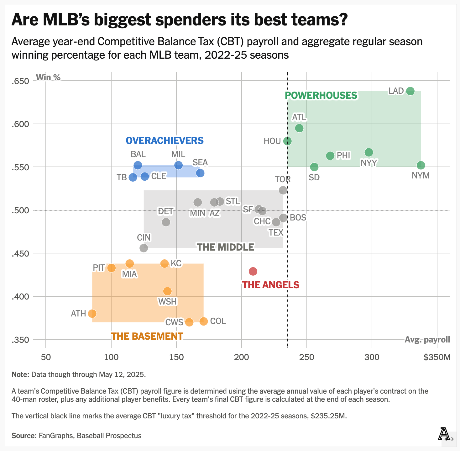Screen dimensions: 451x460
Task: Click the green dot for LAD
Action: [x=410, y=91]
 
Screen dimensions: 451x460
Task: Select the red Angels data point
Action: [x=253, y=271]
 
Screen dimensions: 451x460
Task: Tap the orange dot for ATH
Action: [x=92, y=313]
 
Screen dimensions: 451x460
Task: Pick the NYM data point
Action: [x=421, y=165]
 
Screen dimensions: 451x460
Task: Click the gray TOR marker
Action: [x=283, y=190]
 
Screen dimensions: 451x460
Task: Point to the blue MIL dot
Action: [x=178, y=165]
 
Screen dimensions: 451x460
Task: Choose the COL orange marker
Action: [x=204, y=321]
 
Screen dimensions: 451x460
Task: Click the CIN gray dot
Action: [x=144, y=248]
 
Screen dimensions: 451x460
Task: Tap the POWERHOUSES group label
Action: [x=321, y=96]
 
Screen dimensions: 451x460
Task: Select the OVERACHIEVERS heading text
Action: [x=165, y=141]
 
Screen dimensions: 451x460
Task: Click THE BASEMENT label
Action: [x=147, y=336]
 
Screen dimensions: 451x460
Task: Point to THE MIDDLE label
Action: [x=225, y=247]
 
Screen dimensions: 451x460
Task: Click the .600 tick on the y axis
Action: [x=20, y=124]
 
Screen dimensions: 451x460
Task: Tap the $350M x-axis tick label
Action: [x=437, y=357]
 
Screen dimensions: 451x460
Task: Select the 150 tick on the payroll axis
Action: [x=176, y=357]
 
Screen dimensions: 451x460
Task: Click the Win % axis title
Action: [x=48, y=77]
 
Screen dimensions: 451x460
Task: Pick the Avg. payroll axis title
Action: [x=427, y=340]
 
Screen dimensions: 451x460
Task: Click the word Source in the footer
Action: [x=24, y=436]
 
